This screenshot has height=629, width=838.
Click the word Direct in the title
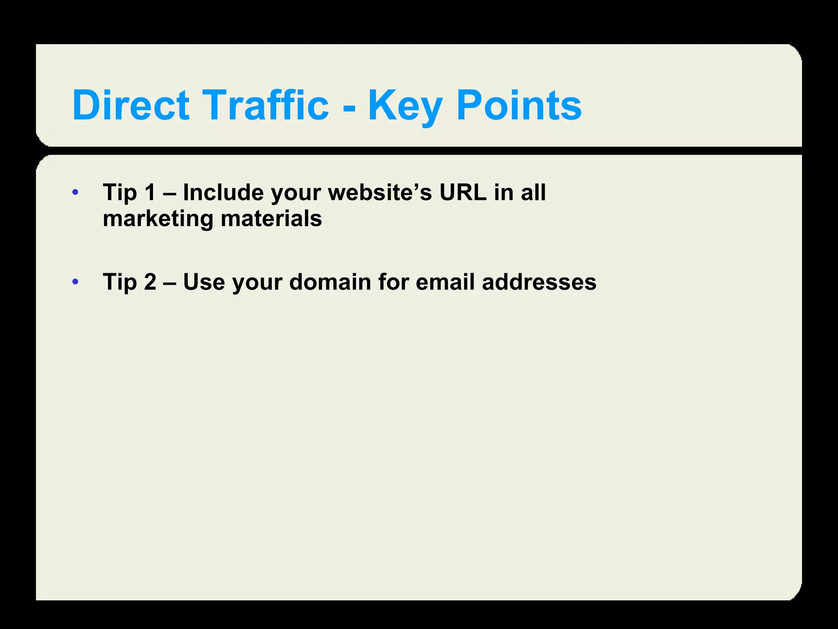(x=131, y=105)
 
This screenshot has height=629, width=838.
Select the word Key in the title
(x=405, y=106)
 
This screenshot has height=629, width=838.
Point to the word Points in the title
(x=519, y=105)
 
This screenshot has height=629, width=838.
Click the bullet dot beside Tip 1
(x=75, y=192)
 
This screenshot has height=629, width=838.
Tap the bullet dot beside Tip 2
(x=75, y=282)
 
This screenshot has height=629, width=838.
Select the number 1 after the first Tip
(x=150, y=192)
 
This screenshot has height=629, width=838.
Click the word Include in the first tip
(x=223, y=192)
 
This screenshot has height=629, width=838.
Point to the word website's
(x=380, y=192)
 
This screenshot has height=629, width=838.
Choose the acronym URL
(x=463, y=192)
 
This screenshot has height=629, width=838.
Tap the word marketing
(x=158, y=219)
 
